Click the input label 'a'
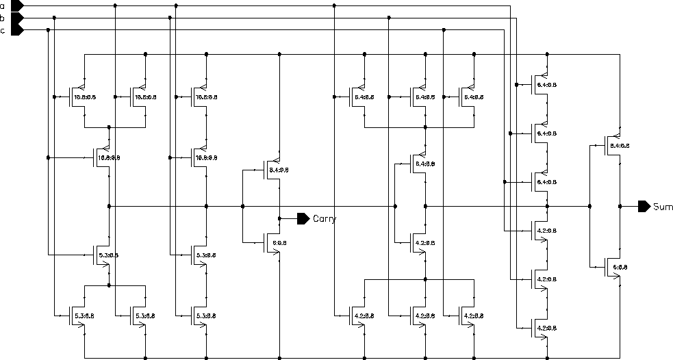point(3,5)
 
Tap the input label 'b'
point(3,18)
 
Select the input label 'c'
point(3,30)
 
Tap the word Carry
point(325,219)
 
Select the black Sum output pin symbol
point(644,206)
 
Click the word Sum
point(663,206)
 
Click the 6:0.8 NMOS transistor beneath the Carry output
point(272,242)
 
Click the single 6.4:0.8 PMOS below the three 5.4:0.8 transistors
point(418,164)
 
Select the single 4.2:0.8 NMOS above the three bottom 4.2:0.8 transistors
point(418,242)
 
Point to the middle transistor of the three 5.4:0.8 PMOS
point(418,97)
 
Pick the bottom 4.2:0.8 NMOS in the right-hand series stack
point(541,328)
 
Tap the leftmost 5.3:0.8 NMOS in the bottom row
point(77,315)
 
